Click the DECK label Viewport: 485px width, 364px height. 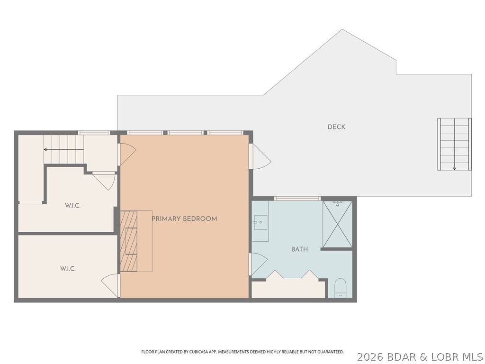(x=336, y=127)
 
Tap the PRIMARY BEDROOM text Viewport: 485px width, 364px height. (x=184, y=218)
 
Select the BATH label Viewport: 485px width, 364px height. (x=299, y=249)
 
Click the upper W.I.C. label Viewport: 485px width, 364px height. (x=72, y=206)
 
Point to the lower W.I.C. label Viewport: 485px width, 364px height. (x=68, y=269)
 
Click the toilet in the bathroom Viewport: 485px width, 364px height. (x=341, y=288)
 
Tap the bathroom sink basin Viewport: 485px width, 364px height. (x=260, y=222)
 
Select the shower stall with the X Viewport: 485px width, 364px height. (x=337, y=224)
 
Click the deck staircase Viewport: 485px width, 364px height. (x=454, y=144)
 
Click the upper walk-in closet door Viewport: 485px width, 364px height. (x=104, y=180)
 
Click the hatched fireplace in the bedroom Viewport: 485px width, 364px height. (x=128, y=241)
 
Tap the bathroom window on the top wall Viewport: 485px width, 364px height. (x=297, y=198)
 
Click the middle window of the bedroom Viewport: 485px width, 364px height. (x=186, y=133)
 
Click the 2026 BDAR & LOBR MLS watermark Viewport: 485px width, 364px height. (x=420, y=356)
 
